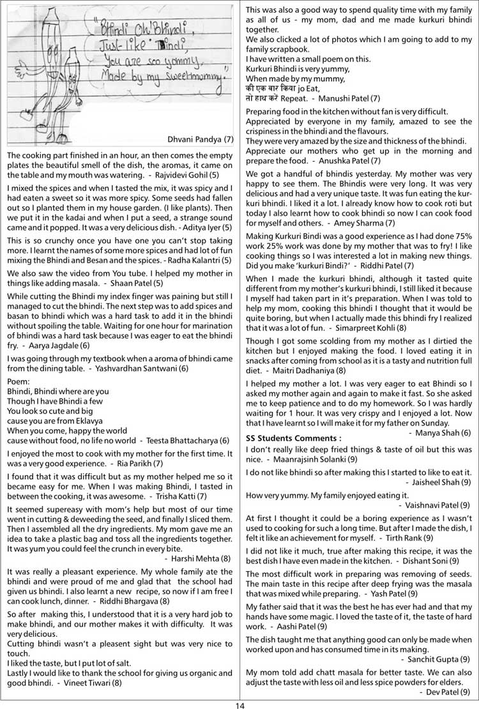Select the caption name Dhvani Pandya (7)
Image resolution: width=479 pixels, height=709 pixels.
pos(200,138)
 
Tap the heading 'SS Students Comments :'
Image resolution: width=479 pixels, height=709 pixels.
pos(293,438)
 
